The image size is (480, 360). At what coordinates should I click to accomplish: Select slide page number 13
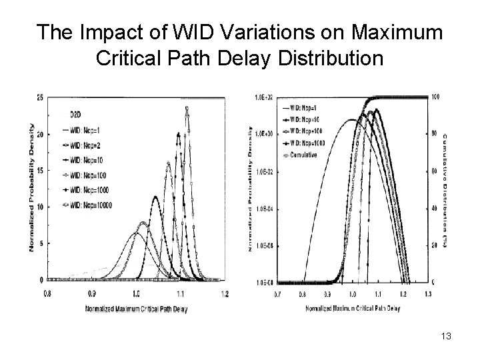tap(446, 336)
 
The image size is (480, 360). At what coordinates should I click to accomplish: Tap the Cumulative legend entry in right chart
tap(303, 154)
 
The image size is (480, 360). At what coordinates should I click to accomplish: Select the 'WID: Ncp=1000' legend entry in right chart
tap(306, 143)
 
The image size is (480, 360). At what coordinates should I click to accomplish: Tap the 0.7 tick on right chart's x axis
tap(277, 293)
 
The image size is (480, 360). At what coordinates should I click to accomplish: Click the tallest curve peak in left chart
tap(187, 108)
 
